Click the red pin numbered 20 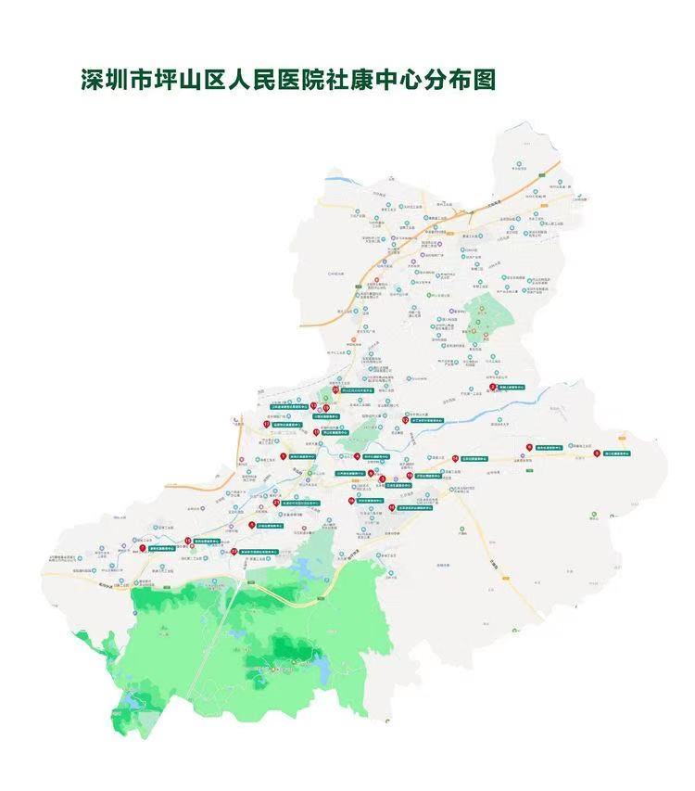click(335, 390)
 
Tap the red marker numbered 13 click(313, 405)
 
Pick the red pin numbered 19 click(326, 408)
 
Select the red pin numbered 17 click(267, 424)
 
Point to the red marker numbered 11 click(316, 432)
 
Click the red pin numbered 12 click(405, 420)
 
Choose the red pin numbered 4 click(357, 456)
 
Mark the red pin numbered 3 click(382, 479)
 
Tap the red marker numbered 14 click(455, 459)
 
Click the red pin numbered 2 click(493, 387)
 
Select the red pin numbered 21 click(276, 503)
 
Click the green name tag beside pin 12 click(427, 420)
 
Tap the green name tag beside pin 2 click(512, 387)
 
